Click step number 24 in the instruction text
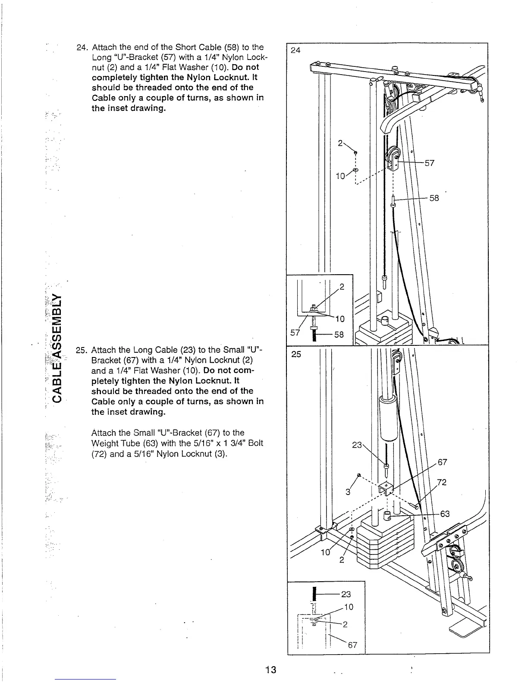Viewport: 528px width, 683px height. (x=82, y=47)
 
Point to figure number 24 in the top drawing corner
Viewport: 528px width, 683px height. (x=295, y=50)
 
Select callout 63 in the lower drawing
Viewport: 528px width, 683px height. (x=444, y=514)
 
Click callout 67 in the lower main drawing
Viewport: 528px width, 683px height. (x=443, y=462)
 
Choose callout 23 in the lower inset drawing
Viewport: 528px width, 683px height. (x=346, y=595)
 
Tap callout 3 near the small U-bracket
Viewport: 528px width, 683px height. (x=347, y=492)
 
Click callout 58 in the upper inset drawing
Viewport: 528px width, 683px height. (x=339, y=334)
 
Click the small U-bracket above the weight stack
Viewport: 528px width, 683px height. (x=386, y=488)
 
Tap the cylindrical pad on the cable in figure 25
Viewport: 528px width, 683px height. (x=387, y=418)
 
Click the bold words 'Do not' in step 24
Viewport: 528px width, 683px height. (x=245, y=68)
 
